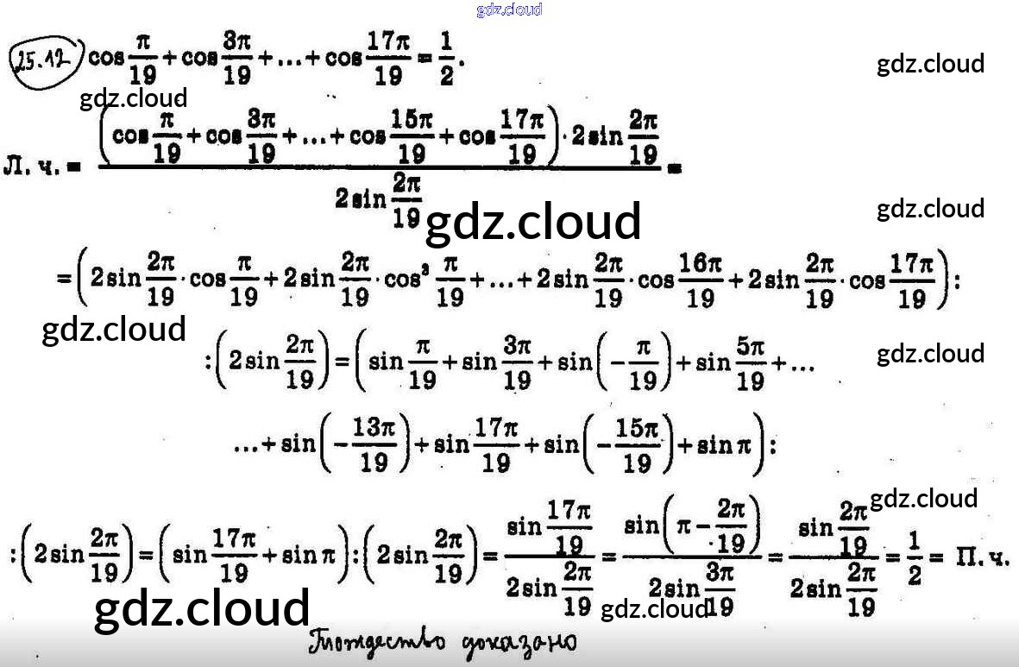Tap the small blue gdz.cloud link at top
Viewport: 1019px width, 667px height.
pos(508,9)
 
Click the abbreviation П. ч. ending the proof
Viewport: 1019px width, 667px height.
pos(981,558)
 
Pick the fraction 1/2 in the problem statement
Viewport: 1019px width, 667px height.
pos(446,63)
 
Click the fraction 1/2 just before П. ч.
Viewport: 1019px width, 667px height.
pos(914,558)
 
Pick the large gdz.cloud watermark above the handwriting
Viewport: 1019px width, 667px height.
pos(201,608)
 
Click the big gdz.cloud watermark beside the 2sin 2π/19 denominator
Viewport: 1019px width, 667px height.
pos(533,222)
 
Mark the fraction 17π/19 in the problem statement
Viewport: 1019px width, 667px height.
pos(388,63)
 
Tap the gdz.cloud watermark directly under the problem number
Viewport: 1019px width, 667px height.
pos(133,98)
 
